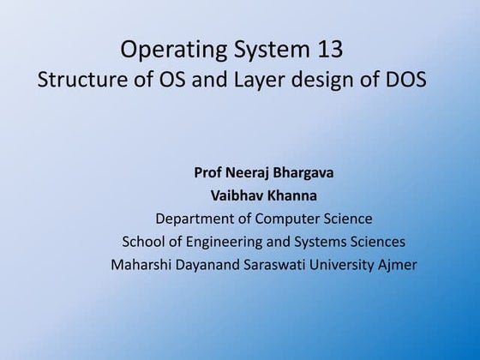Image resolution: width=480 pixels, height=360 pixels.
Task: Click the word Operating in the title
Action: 168,52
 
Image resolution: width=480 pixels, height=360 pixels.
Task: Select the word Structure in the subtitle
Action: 76,83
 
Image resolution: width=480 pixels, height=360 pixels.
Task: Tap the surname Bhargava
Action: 304,173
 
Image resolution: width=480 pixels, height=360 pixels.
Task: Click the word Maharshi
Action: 143,265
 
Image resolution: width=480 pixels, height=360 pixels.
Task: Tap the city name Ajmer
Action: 398,265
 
